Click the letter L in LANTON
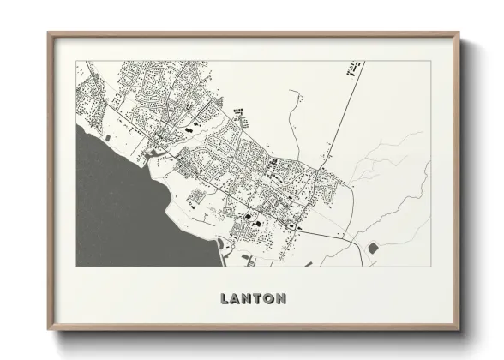(225, 299)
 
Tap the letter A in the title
(236, 299)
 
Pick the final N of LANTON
(281, 299)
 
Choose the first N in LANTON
(247, 299)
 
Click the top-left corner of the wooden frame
(49, 33)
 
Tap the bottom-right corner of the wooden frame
(459, 329)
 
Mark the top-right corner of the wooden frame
(459, 33)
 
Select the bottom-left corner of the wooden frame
(49, 329)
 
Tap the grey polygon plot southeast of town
(373, 248)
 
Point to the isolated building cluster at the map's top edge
(351, 68)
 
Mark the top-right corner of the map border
(430, 61)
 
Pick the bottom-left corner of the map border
(76, 267)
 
